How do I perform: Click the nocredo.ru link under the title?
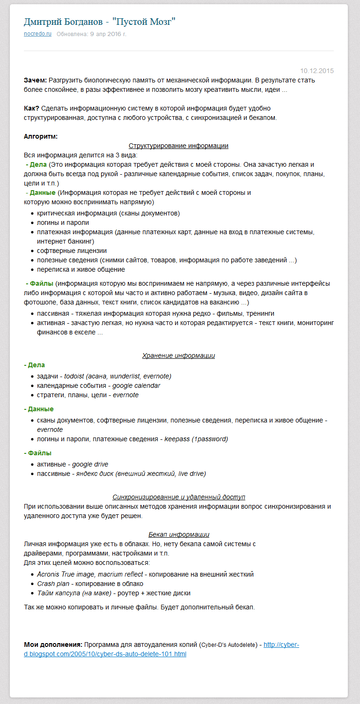coord(37,34)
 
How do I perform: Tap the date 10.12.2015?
coord(317,71)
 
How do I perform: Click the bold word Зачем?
coord(35,80)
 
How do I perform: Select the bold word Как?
coord(31,108)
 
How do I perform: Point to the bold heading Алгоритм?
coord(41,136)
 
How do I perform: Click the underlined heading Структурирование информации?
coord(178,146)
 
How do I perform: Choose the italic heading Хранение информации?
coord(178,356)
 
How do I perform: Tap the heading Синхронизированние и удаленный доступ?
coord(178,497)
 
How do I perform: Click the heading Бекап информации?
coord(178,534)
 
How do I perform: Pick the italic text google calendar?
coord(136,385)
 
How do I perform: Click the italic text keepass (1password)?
coord(196,439)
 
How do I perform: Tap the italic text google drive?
coord(90,464)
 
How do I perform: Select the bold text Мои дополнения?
coord(53,645)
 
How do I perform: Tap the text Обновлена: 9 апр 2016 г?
coord(92,34)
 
